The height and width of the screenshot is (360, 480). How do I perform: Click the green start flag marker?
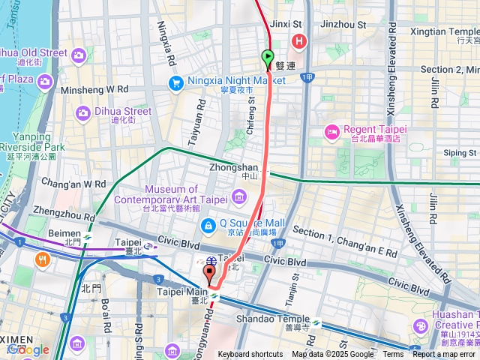click(268, 57)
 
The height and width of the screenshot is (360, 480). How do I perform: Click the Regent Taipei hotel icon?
click(331, 132)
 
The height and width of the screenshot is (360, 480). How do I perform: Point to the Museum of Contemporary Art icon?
click(238, 197)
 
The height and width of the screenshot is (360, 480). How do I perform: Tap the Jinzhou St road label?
click(343, 24)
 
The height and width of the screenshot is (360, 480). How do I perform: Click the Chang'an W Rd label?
click(73, 183)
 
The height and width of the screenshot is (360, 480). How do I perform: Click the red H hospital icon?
click(300, 40)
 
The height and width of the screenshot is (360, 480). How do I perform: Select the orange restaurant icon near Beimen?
click(41, 260)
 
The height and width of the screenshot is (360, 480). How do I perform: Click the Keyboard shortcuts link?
click(250, 355)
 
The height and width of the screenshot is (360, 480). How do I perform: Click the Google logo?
click(28, 349)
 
